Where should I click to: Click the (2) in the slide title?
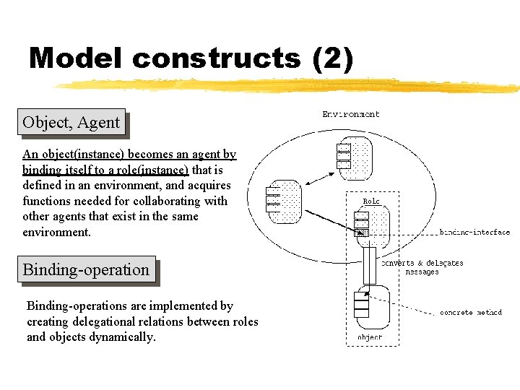coord(333,58)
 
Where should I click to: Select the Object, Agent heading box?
coord(71,122)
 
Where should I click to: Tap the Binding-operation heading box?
coord(86,269)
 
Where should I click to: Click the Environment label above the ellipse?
coord(350,114)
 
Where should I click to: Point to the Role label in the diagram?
coord(371,201)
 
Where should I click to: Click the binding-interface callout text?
coord(474,233)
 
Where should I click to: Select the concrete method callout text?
coord(471,313)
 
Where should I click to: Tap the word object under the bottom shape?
coord(370,337)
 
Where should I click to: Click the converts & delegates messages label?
coord(422,267)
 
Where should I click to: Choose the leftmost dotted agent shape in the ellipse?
coord(283,200)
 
